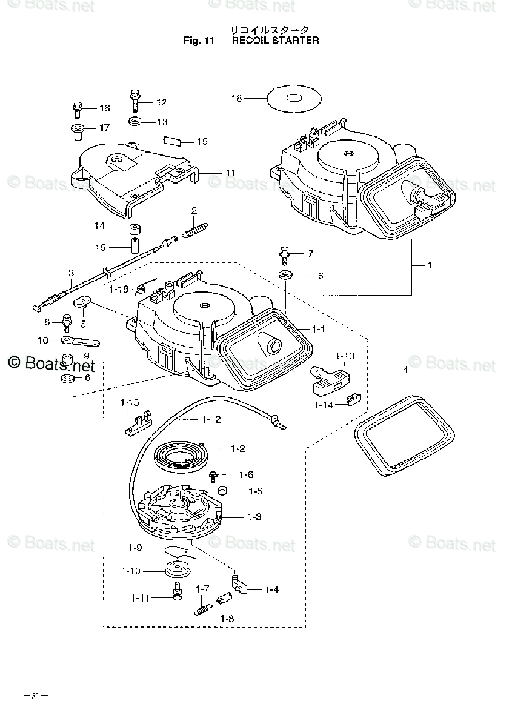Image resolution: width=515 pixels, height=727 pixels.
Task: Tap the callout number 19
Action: [x=202, y=141]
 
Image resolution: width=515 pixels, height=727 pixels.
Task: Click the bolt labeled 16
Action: [x=78, y=109]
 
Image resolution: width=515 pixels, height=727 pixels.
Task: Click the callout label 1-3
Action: [x=254, y=517]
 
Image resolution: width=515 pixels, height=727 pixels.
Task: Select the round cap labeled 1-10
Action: [x=179, y=569]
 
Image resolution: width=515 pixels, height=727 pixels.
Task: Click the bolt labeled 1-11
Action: [x=178, y=592]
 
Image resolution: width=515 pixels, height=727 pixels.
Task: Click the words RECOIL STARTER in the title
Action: [x=276, y=41]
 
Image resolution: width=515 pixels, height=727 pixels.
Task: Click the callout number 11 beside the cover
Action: [x=230, y=173]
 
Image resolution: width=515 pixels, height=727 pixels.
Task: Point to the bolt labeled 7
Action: [x=283, y=254]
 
